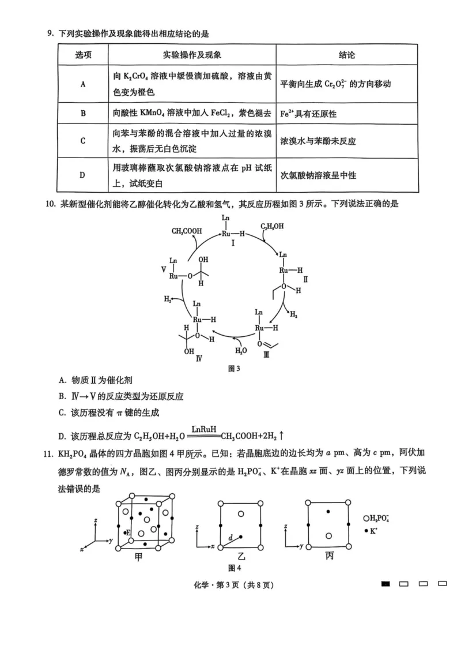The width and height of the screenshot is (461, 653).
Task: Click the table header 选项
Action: click(83, 55)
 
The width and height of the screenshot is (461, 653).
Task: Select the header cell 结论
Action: click(347, 55)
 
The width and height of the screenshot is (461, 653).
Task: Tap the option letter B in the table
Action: click(83, 114)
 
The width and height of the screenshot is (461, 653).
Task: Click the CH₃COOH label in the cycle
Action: click(187, 231)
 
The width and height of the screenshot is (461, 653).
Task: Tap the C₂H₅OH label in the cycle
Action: click(272, 226)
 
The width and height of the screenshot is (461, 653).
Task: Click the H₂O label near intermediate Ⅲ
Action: click(241, 350)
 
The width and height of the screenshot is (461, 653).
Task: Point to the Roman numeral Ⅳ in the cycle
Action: click(198, 358)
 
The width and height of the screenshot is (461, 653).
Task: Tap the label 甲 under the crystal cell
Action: click(138, 557)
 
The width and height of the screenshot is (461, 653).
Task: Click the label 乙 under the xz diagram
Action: click(241, 557)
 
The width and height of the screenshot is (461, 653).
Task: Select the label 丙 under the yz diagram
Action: click(330, 557)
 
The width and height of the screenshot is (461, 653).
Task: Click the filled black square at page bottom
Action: click(386, 584)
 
